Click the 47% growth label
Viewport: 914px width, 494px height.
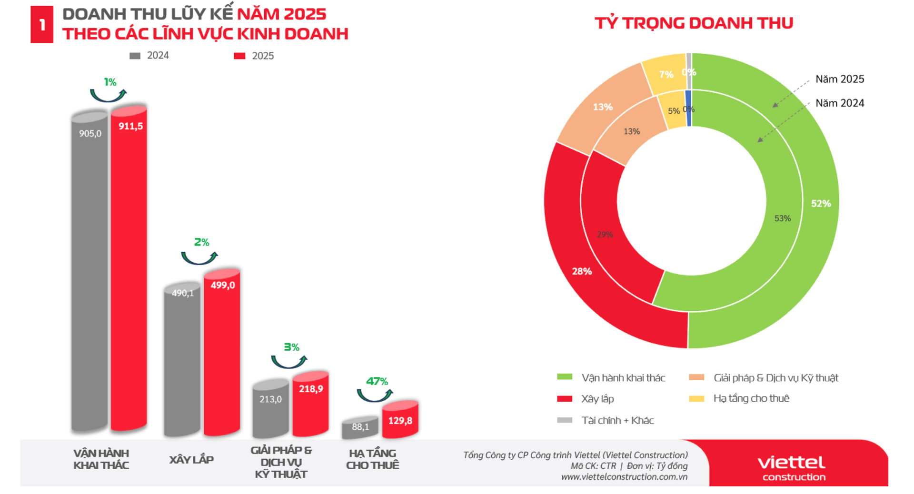377,381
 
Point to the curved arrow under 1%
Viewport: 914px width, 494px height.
109,96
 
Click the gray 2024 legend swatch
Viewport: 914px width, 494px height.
135,56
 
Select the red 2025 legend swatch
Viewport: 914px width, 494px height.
239,56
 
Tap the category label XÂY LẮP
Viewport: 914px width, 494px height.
191,460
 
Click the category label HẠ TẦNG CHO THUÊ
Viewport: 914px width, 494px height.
372,459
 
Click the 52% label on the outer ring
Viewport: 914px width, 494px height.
821,204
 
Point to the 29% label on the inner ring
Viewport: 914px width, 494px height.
605,235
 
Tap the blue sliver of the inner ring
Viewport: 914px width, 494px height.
688,109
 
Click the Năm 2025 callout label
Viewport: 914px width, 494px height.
839,79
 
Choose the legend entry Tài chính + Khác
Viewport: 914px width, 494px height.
617,420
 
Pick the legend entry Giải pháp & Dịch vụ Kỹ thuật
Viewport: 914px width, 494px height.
775,378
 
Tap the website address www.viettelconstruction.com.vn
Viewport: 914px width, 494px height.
624,477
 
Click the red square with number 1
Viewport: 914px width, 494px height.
42,25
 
